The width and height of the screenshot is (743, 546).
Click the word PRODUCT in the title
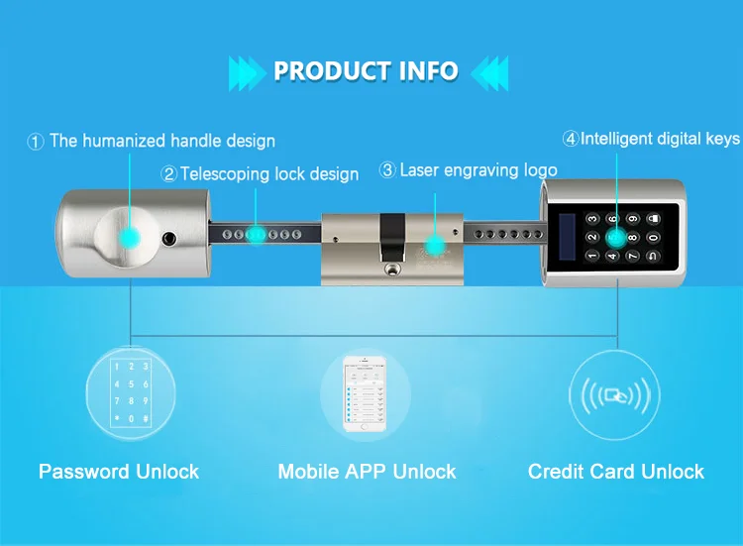(x=330, y=71)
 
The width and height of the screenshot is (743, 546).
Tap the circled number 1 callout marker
(x=37, y=142)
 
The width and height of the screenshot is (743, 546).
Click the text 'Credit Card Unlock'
(x=616, y=472)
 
